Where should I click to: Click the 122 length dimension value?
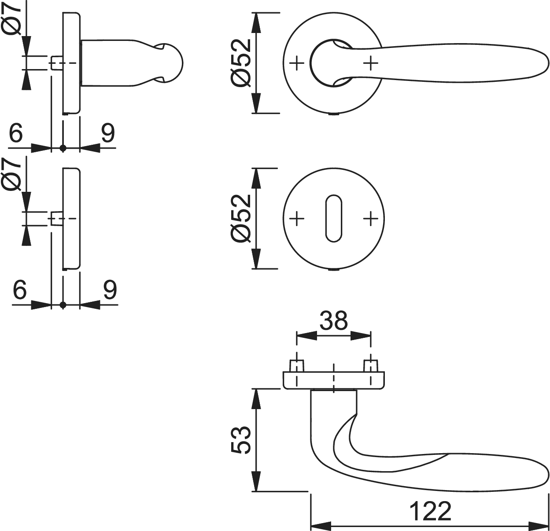pos(430,511)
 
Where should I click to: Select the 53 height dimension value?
pos(241,439)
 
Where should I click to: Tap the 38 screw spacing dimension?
pos(333,321)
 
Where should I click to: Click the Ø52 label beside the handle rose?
pos(241,63)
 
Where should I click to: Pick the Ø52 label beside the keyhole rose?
pos(241,218)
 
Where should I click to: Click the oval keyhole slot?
pos(334,218)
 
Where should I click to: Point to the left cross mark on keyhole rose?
pos(298,218)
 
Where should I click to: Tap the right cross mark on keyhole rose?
pos(371,218)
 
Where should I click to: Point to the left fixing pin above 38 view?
pos(297,365)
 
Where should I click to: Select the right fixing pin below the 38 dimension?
pos(371,365)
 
